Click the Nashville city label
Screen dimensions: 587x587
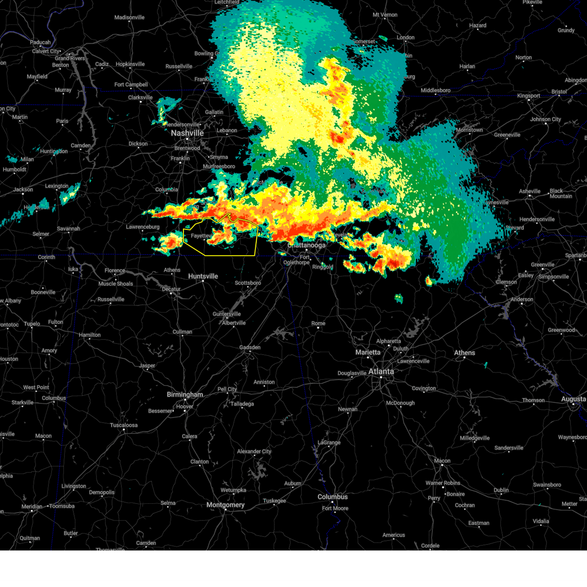187,133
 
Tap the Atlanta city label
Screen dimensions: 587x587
381,372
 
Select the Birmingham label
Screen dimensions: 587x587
184,395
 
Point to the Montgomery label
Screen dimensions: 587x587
225,505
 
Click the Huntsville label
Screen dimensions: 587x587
203,276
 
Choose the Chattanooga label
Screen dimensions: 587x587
307,246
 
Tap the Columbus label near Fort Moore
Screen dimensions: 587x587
333,497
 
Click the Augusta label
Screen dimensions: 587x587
573,399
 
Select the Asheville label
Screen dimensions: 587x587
530,191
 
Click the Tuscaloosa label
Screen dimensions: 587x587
124,425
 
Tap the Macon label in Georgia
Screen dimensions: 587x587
442,461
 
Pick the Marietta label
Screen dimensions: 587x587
368,353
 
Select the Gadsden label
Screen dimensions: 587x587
249,347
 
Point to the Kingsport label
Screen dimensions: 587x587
528,96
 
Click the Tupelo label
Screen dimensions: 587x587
32,324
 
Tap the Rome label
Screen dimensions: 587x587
318,323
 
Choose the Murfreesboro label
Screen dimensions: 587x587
219,166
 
